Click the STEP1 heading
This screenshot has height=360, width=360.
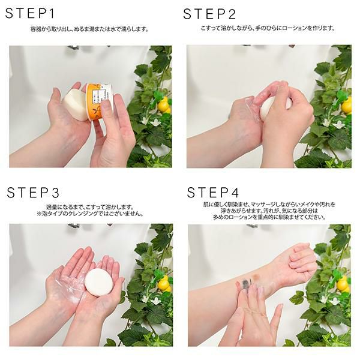[x=30, y=13]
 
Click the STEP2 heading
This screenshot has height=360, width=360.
[x=209, y=14]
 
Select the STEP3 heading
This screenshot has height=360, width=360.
[x=33, y=193]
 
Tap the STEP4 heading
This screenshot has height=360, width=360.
[x=213, y=193]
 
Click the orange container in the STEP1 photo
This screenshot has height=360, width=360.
[x=98, y=101]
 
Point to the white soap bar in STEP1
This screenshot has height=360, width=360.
[x=74, y=104]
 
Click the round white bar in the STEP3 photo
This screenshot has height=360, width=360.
[x=99, y=282]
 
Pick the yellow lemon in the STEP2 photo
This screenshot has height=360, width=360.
[x=346, y=105]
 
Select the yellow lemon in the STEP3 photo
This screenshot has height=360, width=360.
[x=164, y=284]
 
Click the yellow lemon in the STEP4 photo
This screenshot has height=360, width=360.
[x=343, y=284]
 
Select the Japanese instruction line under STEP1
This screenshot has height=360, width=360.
[x=89, y=29]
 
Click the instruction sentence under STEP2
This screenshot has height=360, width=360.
[x=268, y=28]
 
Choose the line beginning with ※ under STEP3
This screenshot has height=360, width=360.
[x=90, y=214]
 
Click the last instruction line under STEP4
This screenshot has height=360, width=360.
[x=269, y=217]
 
